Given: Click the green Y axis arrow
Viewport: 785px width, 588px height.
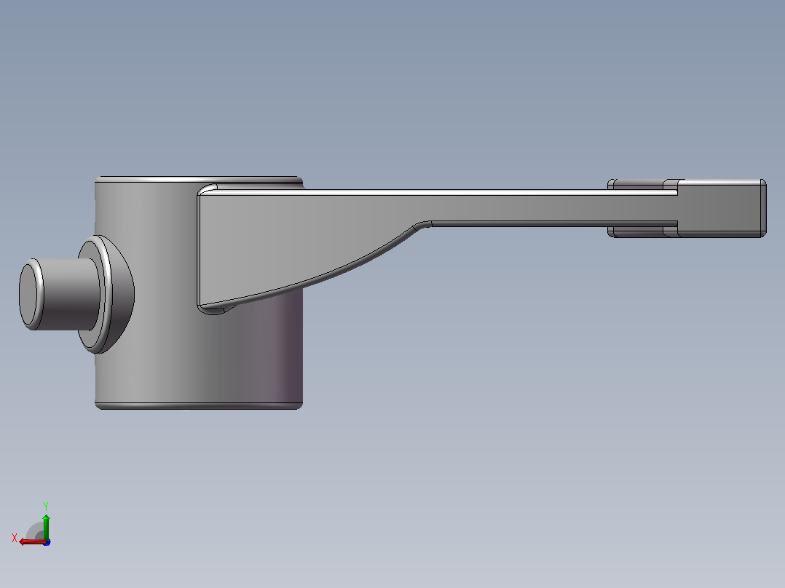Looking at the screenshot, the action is (x=46, y=526).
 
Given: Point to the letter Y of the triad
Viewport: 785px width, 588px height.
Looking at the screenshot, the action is (x=46, y=506).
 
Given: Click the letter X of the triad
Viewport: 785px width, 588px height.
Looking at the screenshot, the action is (x=15, y=538).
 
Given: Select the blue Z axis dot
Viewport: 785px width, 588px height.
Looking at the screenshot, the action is (x=47, y=542).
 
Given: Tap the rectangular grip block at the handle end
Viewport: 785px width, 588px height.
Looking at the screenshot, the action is (x=722, y=207).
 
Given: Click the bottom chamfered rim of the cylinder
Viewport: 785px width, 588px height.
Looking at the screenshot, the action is (x=199, y=406).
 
